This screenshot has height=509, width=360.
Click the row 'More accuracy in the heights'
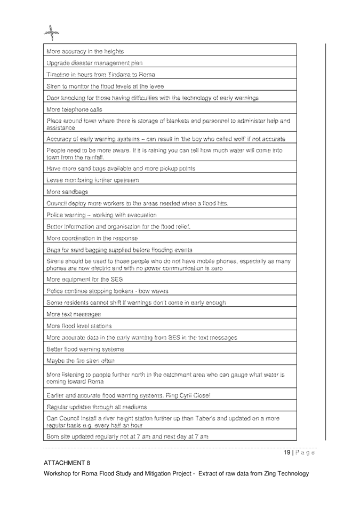[85, 51]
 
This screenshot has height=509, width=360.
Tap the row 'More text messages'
[74, 314]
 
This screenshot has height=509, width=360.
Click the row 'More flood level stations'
[79, 326]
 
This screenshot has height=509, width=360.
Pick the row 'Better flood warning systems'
[85, 349]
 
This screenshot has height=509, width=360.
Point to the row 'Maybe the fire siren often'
[81, 361]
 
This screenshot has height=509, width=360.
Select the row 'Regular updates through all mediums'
[97, 408]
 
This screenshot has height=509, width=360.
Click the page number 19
[287, 453]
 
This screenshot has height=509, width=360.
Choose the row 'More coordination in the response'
[92, 238]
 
